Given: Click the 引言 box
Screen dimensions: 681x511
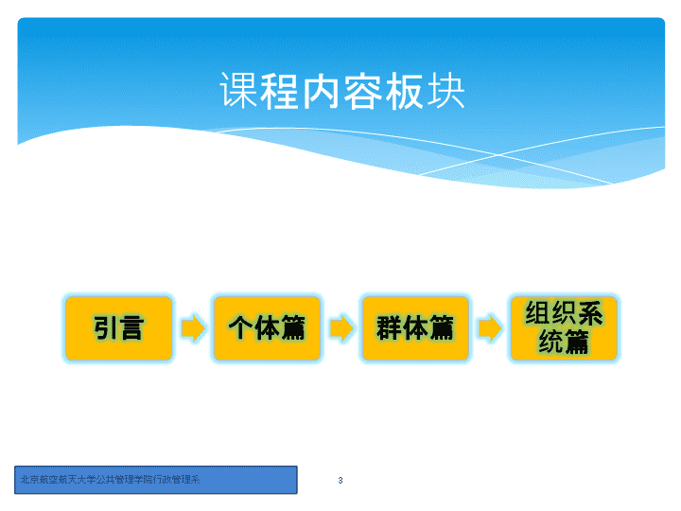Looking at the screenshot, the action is click(x=118, y=328).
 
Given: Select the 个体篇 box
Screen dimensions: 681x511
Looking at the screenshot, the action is click(x=267, y=328).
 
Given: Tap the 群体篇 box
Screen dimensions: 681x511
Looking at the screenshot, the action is click(x=415, y=328).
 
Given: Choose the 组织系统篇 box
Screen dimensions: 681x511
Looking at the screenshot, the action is click(x=564, y=328).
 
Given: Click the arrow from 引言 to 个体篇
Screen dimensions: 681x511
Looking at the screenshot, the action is click(x=193, y=328).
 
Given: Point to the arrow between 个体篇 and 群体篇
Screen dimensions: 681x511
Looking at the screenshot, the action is click(x=341, y=328).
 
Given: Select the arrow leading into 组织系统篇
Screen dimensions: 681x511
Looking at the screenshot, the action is click(x=490, y=328).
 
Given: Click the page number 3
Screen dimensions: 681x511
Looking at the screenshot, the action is click(x=340, y=480).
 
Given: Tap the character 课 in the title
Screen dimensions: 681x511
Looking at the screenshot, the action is click(x=238, y=91).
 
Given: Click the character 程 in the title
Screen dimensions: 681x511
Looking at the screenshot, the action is click(x=279, y=91).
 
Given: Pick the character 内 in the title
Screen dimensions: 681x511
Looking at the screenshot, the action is click(x=321, y=91).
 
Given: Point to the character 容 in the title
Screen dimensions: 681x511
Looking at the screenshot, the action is click(x=362, y=91).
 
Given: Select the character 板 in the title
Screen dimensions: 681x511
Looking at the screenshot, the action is click(x=404, y=91).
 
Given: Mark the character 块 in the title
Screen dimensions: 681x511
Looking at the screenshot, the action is click(x=445, y=91).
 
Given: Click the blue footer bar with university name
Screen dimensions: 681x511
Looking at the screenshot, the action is click(x=156, y=480).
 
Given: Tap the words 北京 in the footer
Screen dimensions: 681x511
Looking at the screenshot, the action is click(x=30, y=480).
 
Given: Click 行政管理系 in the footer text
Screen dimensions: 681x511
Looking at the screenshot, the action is click(x=176, y=480).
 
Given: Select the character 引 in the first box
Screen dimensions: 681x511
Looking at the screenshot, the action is click(x=105, y=328).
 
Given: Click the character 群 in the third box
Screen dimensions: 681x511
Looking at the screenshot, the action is click(x=389, y=328).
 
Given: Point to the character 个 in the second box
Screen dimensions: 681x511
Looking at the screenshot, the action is click(x=240, y=328).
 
